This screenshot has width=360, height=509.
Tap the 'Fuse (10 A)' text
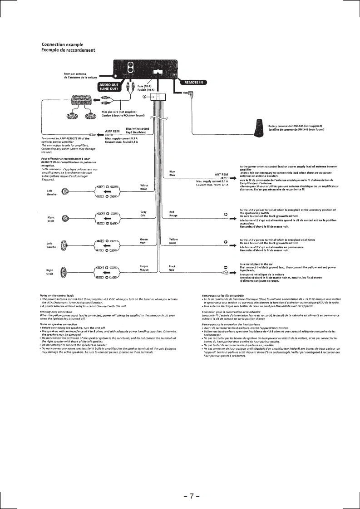[x=145, y=86]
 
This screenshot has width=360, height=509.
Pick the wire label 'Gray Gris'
[x=143, y=214]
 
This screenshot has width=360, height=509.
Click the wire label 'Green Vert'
[x=144, y=240]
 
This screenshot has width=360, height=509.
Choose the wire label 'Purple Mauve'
[x=144, y=268]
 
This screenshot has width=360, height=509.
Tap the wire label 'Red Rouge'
[x=173, y=214]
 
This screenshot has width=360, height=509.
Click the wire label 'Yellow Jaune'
[x=173, y=240]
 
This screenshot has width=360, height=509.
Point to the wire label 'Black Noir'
[x=172, y=268]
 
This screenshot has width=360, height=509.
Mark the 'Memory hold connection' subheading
[x=56, y=312]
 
